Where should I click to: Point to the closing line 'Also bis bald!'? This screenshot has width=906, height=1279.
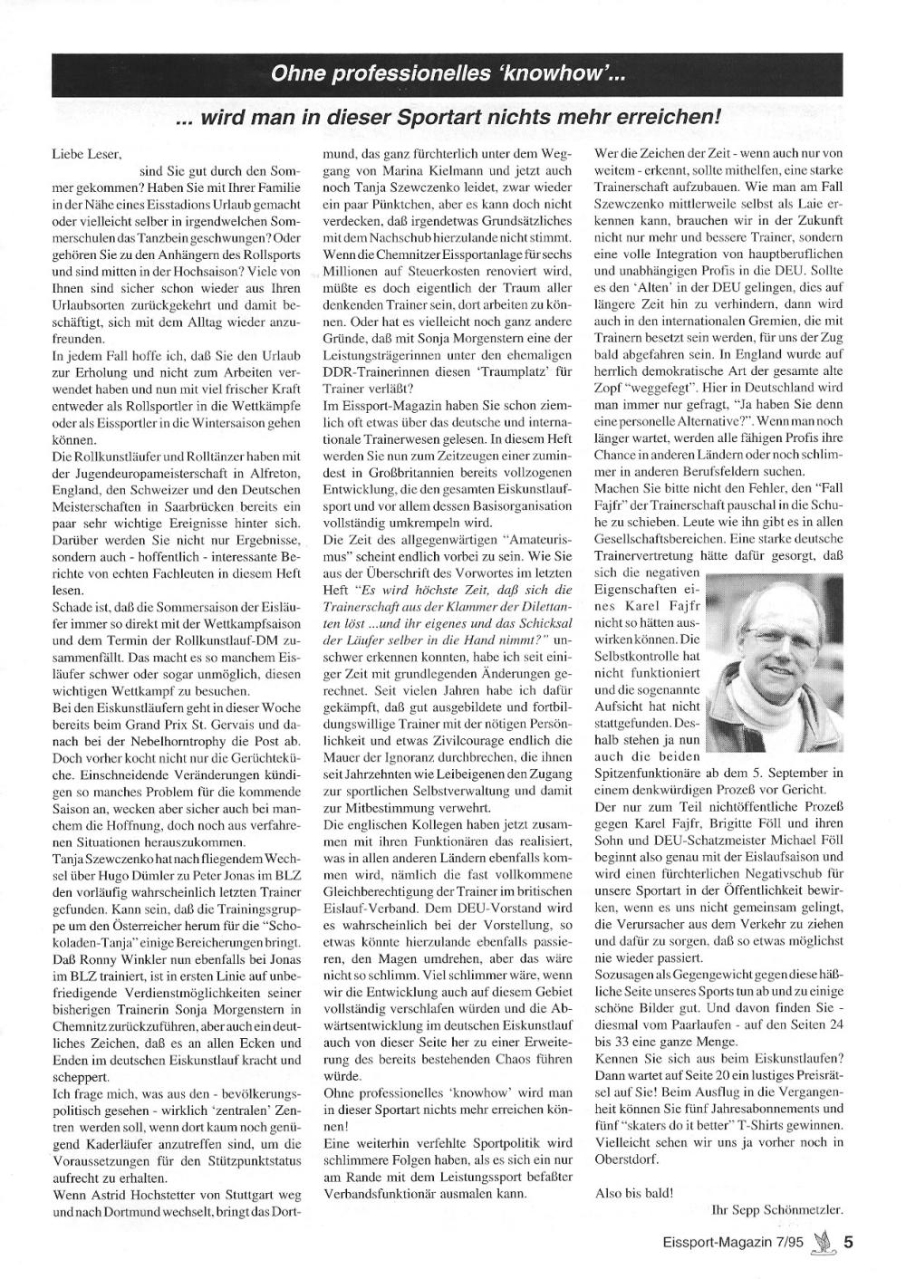[x=634, y=1192]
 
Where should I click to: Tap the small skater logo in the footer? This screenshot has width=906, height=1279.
[x=821, y=1243]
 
